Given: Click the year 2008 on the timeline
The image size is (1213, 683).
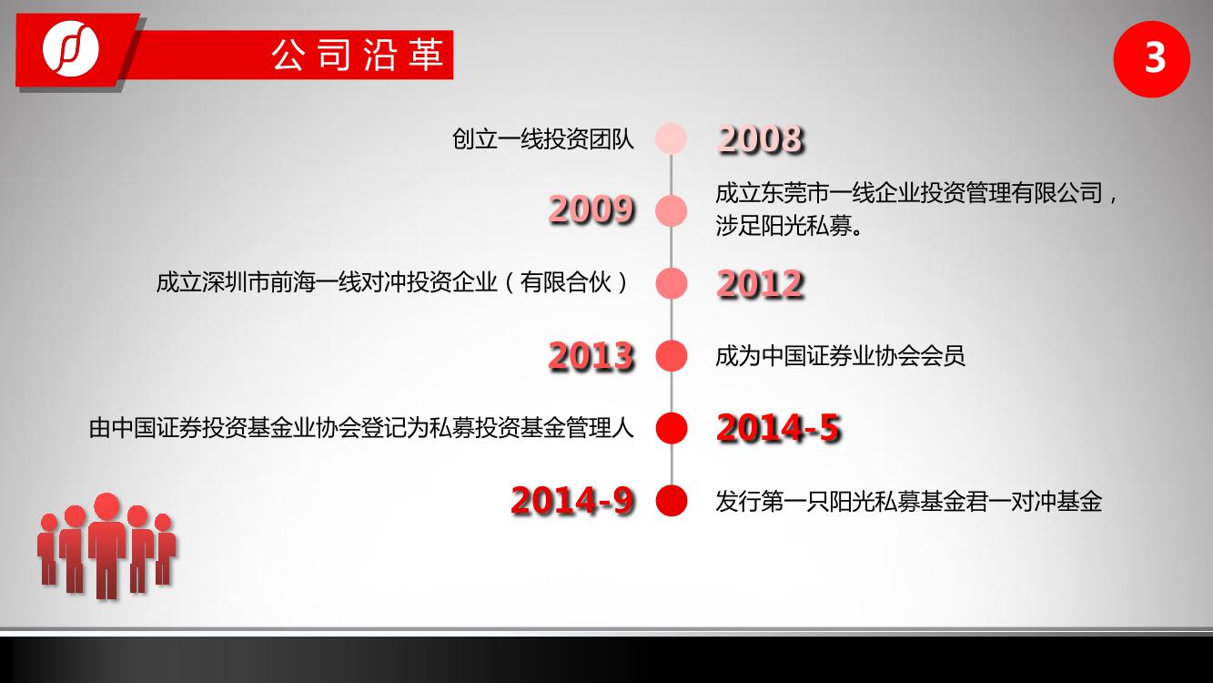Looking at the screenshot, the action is coord(761,138).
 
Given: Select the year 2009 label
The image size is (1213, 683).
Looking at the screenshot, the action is coord(591,209).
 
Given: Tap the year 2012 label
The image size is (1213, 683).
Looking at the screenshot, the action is coord(761,283).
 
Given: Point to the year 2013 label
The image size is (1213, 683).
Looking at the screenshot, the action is coord(591,356).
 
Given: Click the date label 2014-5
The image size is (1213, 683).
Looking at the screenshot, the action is coord(779,428).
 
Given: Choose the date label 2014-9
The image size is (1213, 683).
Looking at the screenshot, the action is coord(573,500).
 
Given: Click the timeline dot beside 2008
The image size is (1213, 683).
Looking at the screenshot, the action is coord(672,138).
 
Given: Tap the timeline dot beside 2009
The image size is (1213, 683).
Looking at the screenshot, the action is coord(672,211).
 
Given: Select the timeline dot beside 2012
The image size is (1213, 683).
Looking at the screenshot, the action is coord(672,283).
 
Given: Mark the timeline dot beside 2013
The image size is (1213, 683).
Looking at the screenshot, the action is coord(672,355).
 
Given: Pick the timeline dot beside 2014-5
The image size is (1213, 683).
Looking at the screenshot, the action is coord(672,428).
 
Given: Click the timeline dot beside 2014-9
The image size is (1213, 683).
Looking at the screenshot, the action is coord(672,500).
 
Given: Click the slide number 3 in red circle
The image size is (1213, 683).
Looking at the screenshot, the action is coord(1152,59).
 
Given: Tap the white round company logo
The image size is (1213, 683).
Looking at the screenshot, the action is coord(71,47).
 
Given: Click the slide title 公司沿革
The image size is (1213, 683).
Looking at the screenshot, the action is coord(358,56).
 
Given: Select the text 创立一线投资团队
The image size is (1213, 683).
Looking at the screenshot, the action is coord(543,139).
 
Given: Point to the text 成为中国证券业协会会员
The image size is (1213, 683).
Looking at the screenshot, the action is coord(840,356).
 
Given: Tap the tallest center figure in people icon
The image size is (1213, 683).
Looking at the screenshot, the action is coord(107,545).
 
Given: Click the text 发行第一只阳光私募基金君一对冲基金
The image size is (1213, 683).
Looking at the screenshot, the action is coord(909,501).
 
